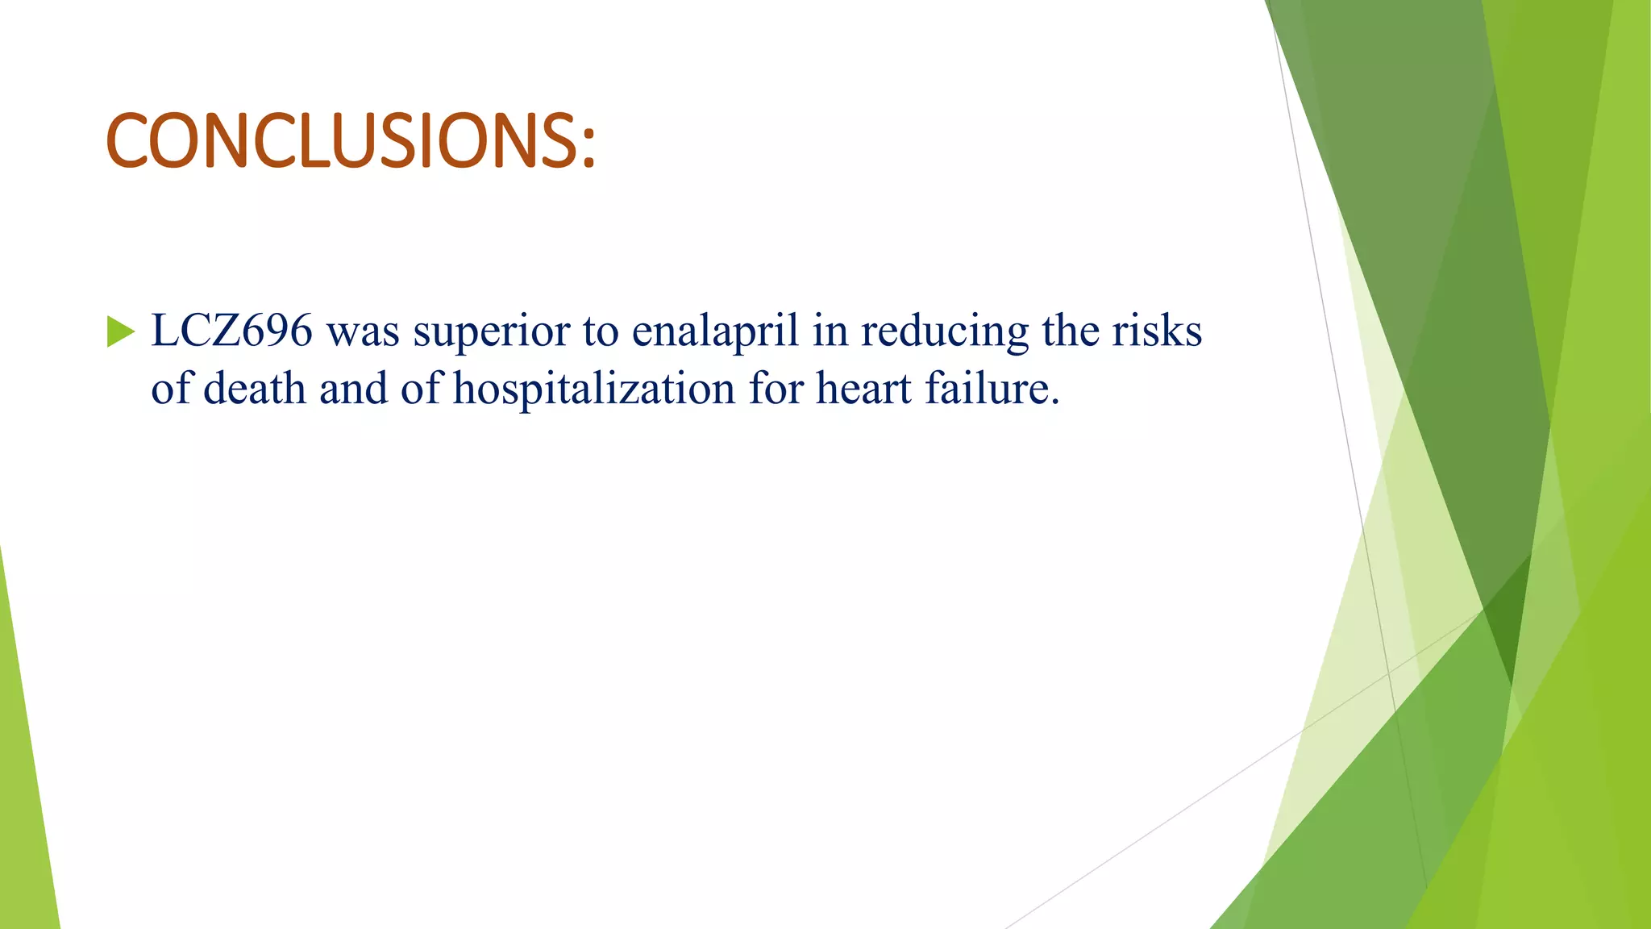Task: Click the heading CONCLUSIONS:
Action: pyautogui.click(x=351, y=141)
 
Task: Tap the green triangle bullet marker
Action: pyautogui.click(x=120, y=331)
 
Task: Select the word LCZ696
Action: pyautogui.click(x=231, y=331)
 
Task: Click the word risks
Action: pyautogui.click(x=1157, y=331)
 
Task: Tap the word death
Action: pyautogui.click(x=254, y=390)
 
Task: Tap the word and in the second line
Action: pyautogui.click(x=352, y=390)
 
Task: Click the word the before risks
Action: pyautogui.click(x=1070, y=331)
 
